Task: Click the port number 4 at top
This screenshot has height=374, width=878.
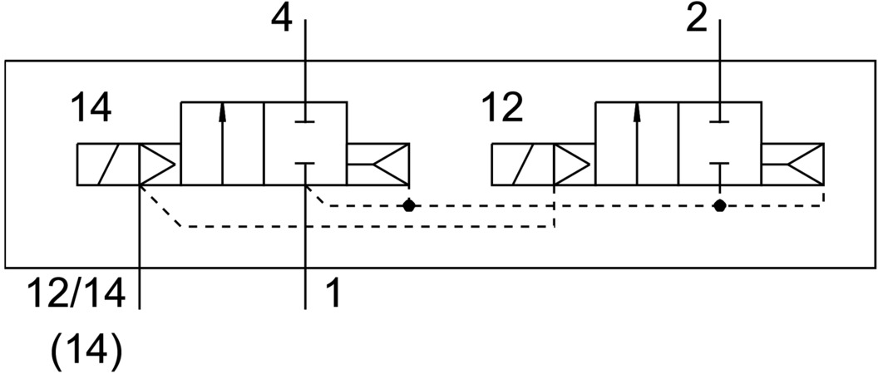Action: click(x=284, y=18)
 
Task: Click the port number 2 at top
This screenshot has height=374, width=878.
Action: click(x=696, y=18)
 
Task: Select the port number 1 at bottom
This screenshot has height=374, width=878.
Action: click(x=331, y=293)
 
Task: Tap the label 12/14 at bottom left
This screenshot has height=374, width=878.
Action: click(x=76, y=293)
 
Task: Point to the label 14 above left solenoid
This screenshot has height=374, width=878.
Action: click(x=91, y=109)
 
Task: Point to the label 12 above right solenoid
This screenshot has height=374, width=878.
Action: click(x=502, y=109)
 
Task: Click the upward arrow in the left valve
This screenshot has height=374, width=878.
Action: click(x=222, y=142)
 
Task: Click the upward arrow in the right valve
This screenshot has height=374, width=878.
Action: click(x=636, y=142)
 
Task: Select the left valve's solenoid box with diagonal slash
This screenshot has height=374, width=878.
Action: click(x=106, y=164)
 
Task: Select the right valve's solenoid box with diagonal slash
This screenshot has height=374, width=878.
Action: click(x=521, y=164)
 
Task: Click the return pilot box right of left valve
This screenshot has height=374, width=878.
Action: click(x=378, y=164)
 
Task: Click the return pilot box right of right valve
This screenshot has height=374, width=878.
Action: click(x=793, y=164)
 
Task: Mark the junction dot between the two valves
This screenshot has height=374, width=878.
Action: click(x=408, y=204)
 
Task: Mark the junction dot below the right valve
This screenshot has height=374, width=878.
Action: click(x=720, y=204)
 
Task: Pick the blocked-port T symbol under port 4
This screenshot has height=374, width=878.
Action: click(x=306, y=117)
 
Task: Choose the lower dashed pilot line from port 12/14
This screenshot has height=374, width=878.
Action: click(x=366, y=226)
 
